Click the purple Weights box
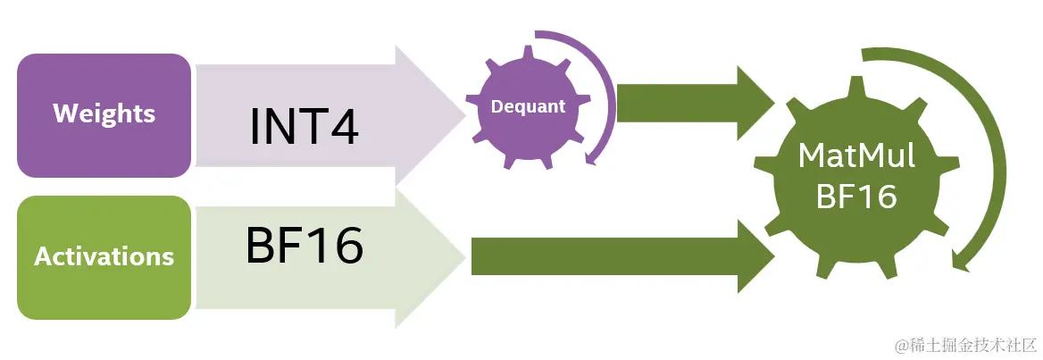click(x=104, y=115)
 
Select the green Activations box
click(x=104, y=257)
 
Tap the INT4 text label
click(x=304, y=127)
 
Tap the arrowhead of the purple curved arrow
click(x=590, y=158)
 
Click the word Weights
click(x=104, y=114)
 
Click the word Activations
click(x=104, y=257)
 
